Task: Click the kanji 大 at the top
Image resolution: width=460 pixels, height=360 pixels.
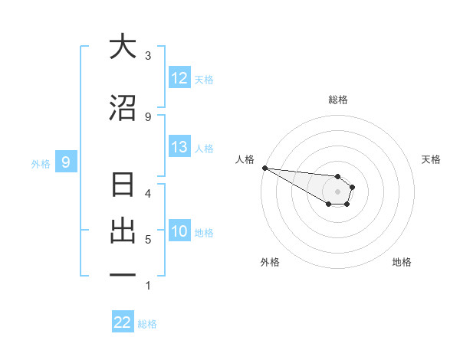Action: coord(123,47)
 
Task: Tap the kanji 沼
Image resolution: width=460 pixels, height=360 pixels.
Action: coord(123,108)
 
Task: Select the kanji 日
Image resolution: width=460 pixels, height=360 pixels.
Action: coord(123,186)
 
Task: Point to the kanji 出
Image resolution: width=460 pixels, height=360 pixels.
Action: coord(123,231)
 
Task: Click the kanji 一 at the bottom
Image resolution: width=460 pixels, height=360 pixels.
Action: coord(123,275)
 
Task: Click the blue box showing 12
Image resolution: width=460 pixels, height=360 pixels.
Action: coord(179,78)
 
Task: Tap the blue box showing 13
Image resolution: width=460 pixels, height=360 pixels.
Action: coord(179,147)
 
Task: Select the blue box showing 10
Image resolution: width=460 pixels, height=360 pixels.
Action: coord(179,231)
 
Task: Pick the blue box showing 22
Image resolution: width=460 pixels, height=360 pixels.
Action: coord(123,322)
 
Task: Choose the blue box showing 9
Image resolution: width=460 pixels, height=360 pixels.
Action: coord(66,162)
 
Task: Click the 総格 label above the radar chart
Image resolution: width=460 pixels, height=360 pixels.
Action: coord(338,100)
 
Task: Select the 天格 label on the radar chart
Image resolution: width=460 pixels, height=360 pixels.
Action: coord(432,159)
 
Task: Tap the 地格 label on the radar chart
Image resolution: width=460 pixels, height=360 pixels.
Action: coord(402,262)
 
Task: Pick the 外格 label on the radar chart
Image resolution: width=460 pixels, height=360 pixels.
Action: coord(270,262)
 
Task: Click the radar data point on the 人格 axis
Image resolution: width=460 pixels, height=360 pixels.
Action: coord(264,168)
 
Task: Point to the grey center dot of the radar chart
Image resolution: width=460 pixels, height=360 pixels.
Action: coord(338,191)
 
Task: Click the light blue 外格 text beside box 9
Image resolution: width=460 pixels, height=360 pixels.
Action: coord(41,162)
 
